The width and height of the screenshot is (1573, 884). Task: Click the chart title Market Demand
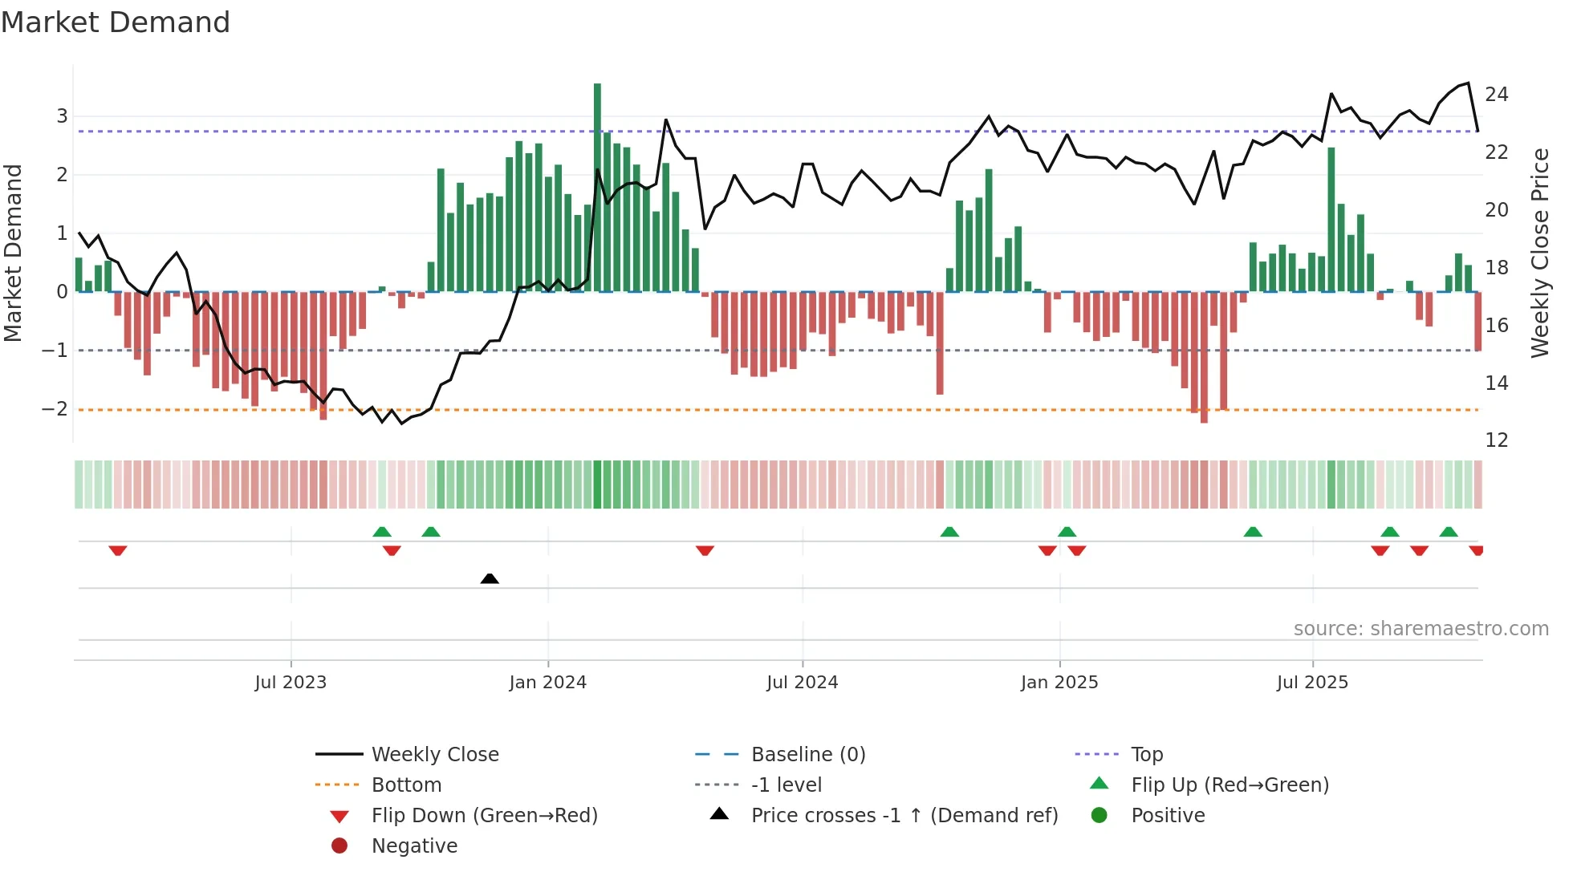[x=116, y=22]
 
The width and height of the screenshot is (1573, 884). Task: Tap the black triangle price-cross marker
[x=490, y=578]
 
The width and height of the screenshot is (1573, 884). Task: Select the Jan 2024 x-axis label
[x=547, y=683]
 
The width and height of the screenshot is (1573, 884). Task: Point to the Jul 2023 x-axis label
[x=291, y=683]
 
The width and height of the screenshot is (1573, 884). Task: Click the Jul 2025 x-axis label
[x=1312, y=683]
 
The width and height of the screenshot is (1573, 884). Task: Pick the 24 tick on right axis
[x=1496, y=95]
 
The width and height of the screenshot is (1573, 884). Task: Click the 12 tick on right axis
[x=1496, y=440]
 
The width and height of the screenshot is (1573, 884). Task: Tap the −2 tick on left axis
[x=55, y=409]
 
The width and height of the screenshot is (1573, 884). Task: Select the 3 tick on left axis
[x=62, y=116]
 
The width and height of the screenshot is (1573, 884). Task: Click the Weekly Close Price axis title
[x=1539, y=253]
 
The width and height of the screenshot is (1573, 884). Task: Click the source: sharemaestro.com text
[x=1421, y=629]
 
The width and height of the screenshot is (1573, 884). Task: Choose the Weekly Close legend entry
[x=434, y=755]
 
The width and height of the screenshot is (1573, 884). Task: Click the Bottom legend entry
[x=406, y=785]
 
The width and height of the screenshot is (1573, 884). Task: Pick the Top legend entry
[x=1146, y=755]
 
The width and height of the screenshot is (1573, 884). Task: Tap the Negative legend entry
[x=414, y=846]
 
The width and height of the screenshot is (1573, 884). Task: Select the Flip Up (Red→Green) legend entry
[x=1230, y=785]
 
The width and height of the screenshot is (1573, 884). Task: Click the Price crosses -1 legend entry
[x=904, y=816]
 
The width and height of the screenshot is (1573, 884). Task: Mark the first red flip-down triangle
[x=118, y=550]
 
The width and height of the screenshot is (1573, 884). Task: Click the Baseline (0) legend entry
[x=807, y=755]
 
